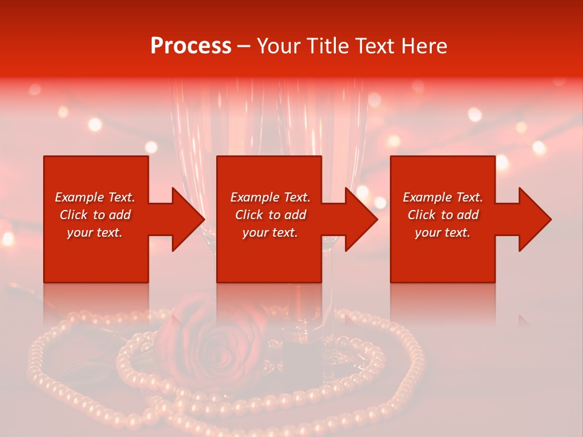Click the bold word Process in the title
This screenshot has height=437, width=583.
tap(191, 46)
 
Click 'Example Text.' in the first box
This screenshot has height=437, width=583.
tap(95, 197)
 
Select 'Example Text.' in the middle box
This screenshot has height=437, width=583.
tap(270, 197)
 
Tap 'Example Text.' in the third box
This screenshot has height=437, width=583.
tap(443, 197)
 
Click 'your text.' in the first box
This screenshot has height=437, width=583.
tap(95, 232)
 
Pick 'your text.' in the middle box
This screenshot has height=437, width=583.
tap(270, 232)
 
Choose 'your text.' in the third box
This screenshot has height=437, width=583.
tap(443, 232)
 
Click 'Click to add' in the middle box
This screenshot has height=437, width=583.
tap(270, 215)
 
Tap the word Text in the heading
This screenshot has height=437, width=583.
tap(373, 46)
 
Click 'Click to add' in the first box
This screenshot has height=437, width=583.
tap(95, 215)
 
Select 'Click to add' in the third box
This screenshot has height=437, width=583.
tap(443, 215)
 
